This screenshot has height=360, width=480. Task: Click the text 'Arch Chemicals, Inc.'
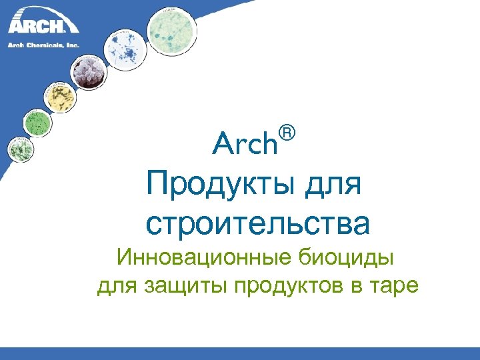pos(43,45)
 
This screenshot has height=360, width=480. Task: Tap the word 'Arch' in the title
pos(245,143)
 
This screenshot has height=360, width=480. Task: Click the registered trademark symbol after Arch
pos(287,133)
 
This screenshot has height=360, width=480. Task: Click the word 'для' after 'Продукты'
pos(337,183)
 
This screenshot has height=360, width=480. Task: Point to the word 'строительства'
pos(257,223)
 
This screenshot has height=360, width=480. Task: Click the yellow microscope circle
pos(61,97)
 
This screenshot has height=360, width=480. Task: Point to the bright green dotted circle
pos(37,123)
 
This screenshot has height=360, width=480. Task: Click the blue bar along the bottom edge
pos(240,353)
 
